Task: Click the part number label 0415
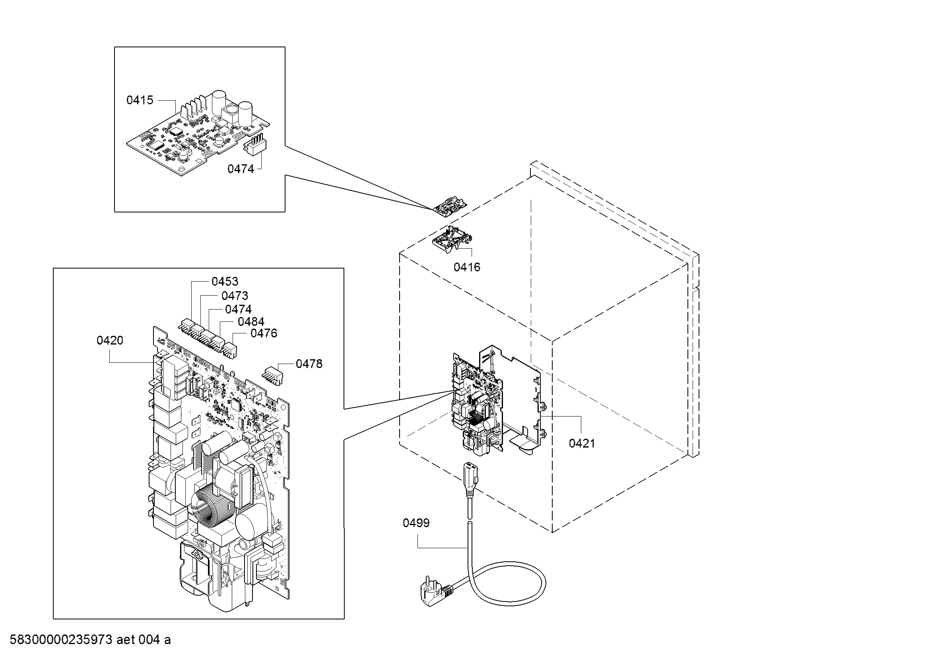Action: point(140,100)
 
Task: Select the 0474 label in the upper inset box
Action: point(241,169)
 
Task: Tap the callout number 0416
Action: point(467,267)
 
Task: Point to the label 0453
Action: point(225,281)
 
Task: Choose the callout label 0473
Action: point(235,296)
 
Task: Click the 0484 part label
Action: point(251,322)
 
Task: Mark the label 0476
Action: point(264,333)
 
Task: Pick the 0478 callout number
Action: point(309,364)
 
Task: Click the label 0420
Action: point(110,341)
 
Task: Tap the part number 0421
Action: point(582,443)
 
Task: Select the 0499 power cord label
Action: point(416,523)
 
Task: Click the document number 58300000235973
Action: point(61,640)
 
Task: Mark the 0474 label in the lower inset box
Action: point(238,310)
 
